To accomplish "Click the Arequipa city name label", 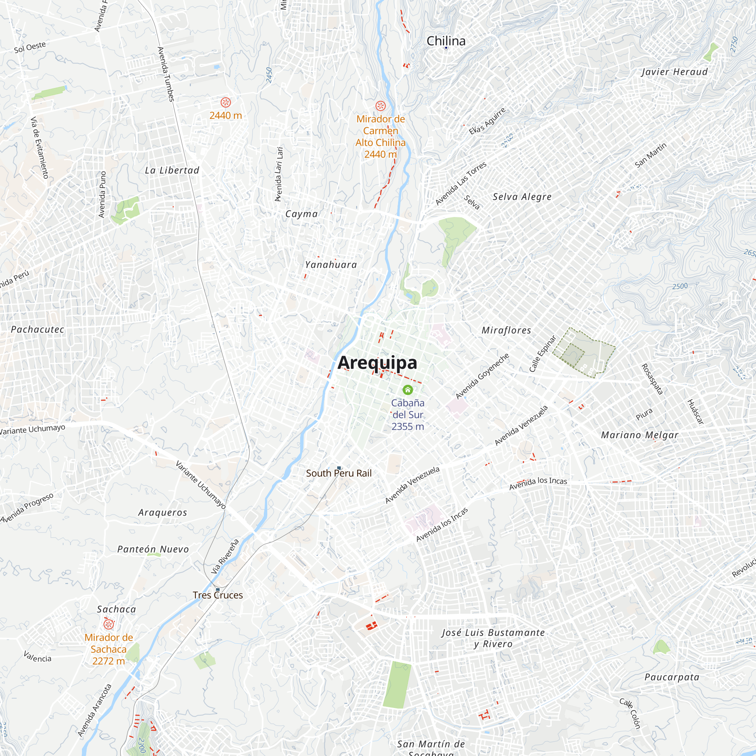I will click(377, 363).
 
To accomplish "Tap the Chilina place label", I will click(446, 41).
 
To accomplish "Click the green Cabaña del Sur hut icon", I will click(408, 390).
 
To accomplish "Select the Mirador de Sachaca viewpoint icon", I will click(108, 624).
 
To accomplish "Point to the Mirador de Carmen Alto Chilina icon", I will click(380, 106).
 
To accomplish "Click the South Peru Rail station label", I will click(338, 474).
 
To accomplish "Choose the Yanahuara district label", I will click(331, 265).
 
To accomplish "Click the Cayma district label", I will click(301, 214).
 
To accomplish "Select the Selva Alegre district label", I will click(522, 197).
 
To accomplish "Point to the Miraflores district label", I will click(507, 330).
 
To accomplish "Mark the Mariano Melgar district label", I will click(640, 435).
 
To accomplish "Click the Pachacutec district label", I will click(37, 330).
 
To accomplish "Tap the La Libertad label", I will click(172, 170).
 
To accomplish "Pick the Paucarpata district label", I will click(672, 677).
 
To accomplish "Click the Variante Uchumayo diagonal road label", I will click(200, 485).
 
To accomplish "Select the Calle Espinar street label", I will click(542, 354).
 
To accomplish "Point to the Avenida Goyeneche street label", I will click(482, 376).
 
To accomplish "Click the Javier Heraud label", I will click(674, 72).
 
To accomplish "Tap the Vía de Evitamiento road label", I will click(40, 147).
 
